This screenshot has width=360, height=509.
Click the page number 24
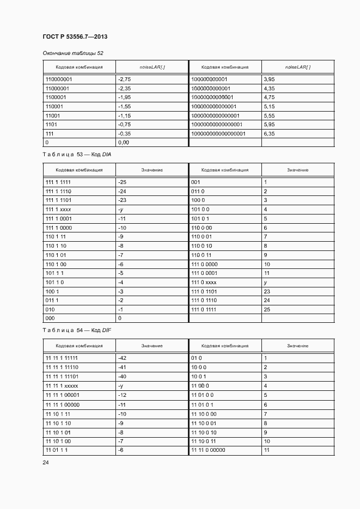[46, 462]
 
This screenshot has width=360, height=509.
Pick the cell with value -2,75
[125, 79]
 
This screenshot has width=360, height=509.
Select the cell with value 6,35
[269, 133]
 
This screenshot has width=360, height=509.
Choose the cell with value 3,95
[269, 79]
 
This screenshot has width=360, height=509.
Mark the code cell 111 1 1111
[59, 182]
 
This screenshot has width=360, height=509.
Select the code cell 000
[50, 318]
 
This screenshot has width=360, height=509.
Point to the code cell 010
[50, 309]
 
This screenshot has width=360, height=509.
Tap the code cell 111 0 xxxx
[204, 282]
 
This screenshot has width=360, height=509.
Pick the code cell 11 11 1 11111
[62, 358]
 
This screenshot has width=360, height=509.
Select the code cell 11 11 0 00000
[208, 451]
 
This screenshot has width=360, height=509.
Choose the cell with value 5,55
[269, 115]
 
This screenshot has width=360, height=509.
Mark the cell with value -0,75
[125, 124]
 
